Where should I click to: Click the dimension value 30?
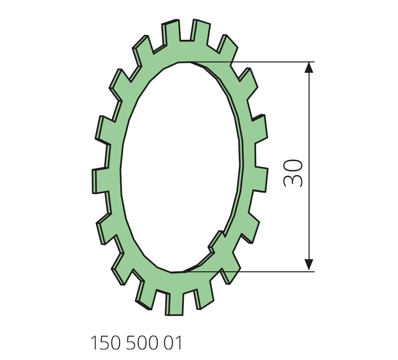[x=293, y=173]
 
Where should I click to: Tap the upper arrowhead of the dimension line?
[x=309, y=67]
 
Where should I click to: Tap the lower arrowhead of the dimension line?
[x=309, y=265]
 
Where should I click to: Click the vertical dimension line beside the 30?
[x=309, y=167]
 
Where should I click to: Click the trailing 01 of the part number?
[x=173, y=343]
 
